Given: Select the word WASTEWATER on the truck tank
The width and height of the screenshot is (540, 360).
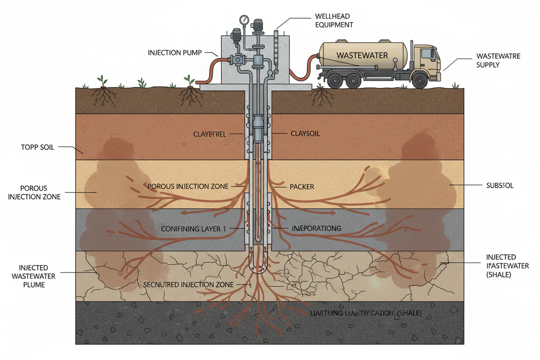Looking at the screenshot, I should tap(362, 55).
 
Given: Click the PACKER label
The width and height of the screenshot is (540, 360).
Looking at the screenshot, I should tap(302, 187).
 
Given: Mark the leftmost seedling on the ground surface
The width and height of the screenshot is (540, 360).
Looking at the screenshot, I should tap(103, 81).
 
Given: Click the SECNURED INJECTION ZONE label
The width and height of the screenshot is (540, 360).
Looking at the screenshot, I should tap(195, 285).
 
